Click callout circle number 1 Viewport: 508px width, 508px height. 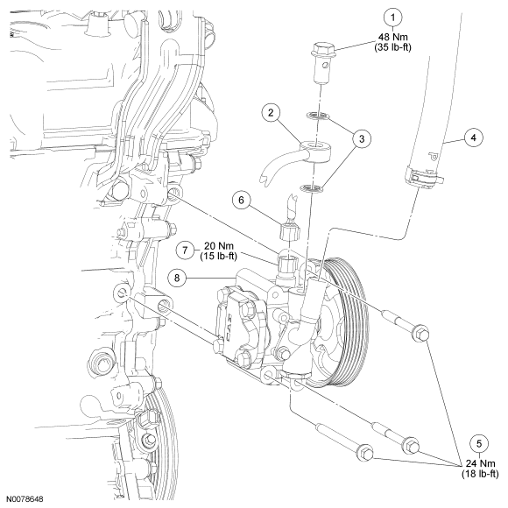[393, 18]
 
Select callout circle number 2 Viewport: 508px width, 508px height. [271, 113]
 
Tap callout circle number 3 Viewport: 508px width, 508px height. [362, 138]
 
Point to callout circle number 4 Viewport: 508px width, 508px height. [474, 138]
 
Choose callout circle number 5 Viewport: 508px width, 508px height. [479, 443]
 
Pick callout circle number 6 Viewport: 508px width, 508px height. [242, 200]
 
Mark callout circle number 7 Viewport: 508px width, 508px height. [185, 250]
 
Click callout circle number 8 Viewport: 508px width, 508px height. [177, 278]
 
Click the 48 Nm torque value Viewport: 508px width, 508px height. [393, 37]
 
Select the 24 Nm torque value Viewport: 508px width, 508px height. [481, 463]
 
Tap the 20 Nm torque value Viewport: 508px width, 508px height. [219, 245]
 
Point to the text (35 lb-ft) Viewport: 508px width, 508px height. [393, 47]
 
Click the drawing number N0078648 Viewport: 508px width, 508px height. [25, 498]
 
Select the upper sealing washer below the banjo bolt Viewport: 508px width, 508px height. [317, 115]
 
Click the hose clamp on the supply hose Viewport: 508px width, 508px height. [424, 178]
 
